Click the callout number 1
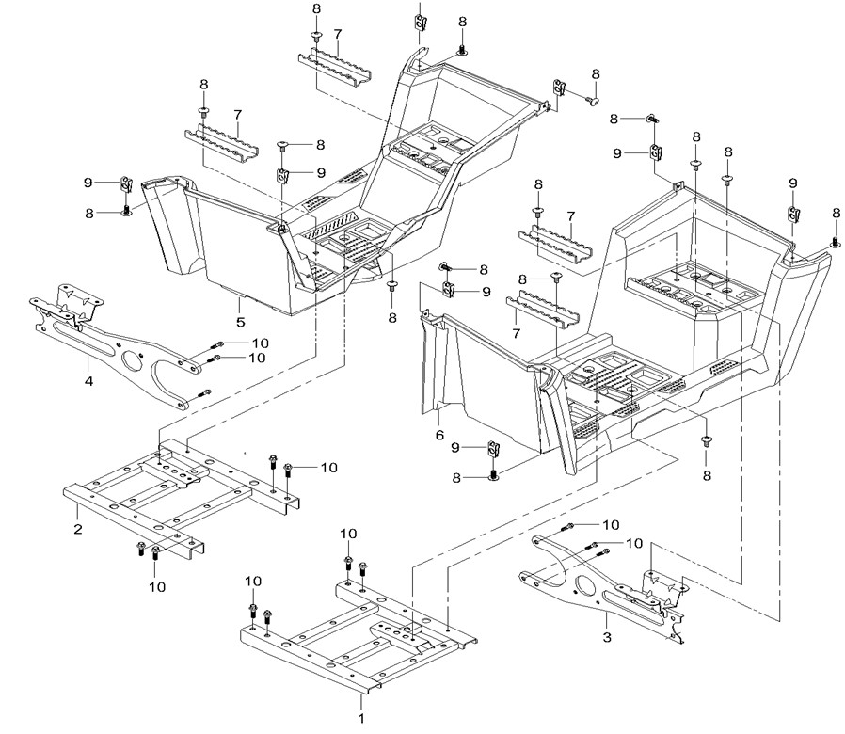point(359,717)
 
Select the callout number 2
point(77,530)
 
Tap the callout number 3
point(608,637)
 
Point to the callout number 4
point(88,382)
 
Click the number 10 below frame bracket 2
point(156,586)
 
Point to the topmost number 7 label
point(337,34)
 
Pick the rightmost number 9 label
point(793,183)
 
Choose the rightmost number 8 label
point(836,214)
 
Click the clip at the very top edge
point(421,19)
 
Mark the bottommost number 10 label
point(156,586)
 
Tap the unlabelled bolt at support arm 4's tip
point(206,392)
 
